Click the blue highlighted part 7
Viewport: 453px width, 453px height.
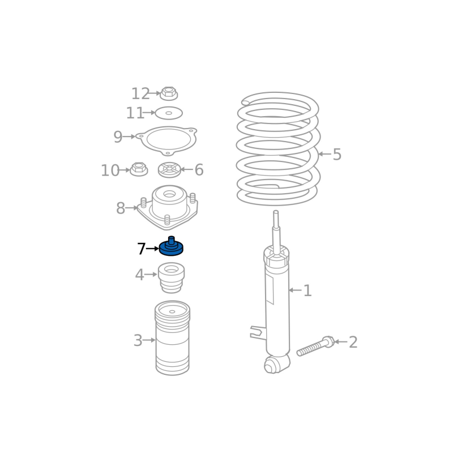172,247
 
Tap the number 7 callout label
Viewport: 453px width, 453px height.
141,249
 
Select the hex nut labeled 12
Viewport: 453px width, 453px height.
169,93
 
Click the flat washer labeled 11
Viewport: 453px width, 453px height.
169,113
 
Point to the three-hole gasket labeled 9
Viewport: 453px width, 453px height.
167,140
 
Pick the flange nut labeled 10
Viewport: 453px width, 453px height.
139,169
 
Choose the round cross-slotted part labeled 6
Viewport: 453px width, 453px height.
169,170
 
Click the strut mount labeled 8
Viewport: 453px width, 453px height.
168,207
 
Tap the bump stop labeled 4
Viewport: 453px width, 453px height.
172,277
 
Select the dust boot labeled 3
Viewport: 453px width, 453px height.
173,338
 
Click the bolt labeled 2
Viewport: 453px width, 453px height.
315,346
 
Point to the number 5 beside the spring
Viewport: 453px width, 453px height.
337,154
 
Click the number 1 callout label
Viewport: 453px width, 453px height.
307,290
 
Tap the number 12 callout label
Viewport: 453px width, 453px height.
140,93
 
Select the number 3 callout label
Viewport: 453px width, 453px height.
138,340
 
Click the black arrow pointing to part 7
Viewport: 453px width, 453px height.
152,249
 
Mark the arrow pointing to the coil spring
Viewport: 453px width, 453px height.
324,154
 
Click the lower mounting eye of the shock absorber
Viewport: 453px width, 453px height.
272,366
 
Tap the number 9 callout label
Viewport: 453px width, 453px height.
118,136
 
